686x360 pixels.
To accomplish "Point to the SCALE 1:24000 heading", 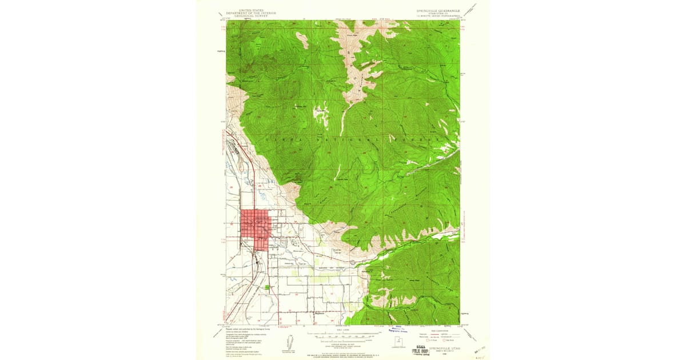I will click(x=343, y=330).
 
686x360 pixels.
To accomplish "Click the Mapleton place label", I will click(x=320, y=313).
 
